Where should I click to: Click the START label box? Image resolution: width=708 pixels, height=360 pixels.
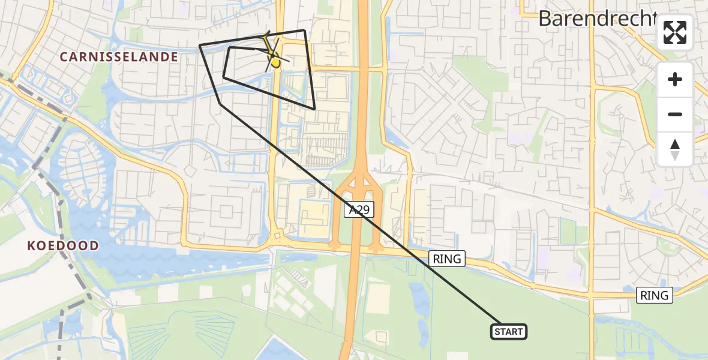(509, 332)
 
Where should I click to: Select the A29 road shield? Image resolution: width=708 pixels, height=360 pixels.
(359, 209)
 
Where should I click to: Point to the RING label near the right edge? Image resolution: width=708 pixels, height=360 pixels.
(654, 295)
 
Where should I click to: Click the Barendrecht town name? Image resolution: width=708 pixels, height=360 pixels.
(597, 19)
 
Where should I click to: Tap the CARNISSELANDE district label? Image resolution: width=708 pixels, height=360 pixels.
(119, 58)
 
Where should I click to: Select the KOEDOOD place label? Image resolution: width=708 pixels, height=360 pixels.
(63, 246)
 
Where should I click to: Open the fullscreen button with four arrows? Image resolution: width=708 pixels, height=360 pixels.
(675, 32)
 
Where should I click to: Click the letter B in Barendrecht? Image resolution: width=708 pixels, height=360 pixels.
(545, 19)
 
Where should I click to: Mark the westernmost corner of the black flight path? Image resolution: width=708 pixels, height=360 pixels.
(200, 45)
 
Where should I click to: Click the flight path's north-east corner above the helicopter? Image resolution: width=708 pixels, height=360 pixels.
(304, 31)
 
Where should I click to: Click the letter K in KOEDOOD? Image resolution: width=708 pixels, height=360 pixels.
(31, 246)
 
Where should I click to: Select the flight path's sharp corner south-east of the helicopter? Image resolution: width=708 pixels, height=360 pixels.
(314, 109)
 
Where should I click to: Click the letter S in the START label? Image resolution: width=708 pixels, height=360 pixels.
(497, 332)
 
